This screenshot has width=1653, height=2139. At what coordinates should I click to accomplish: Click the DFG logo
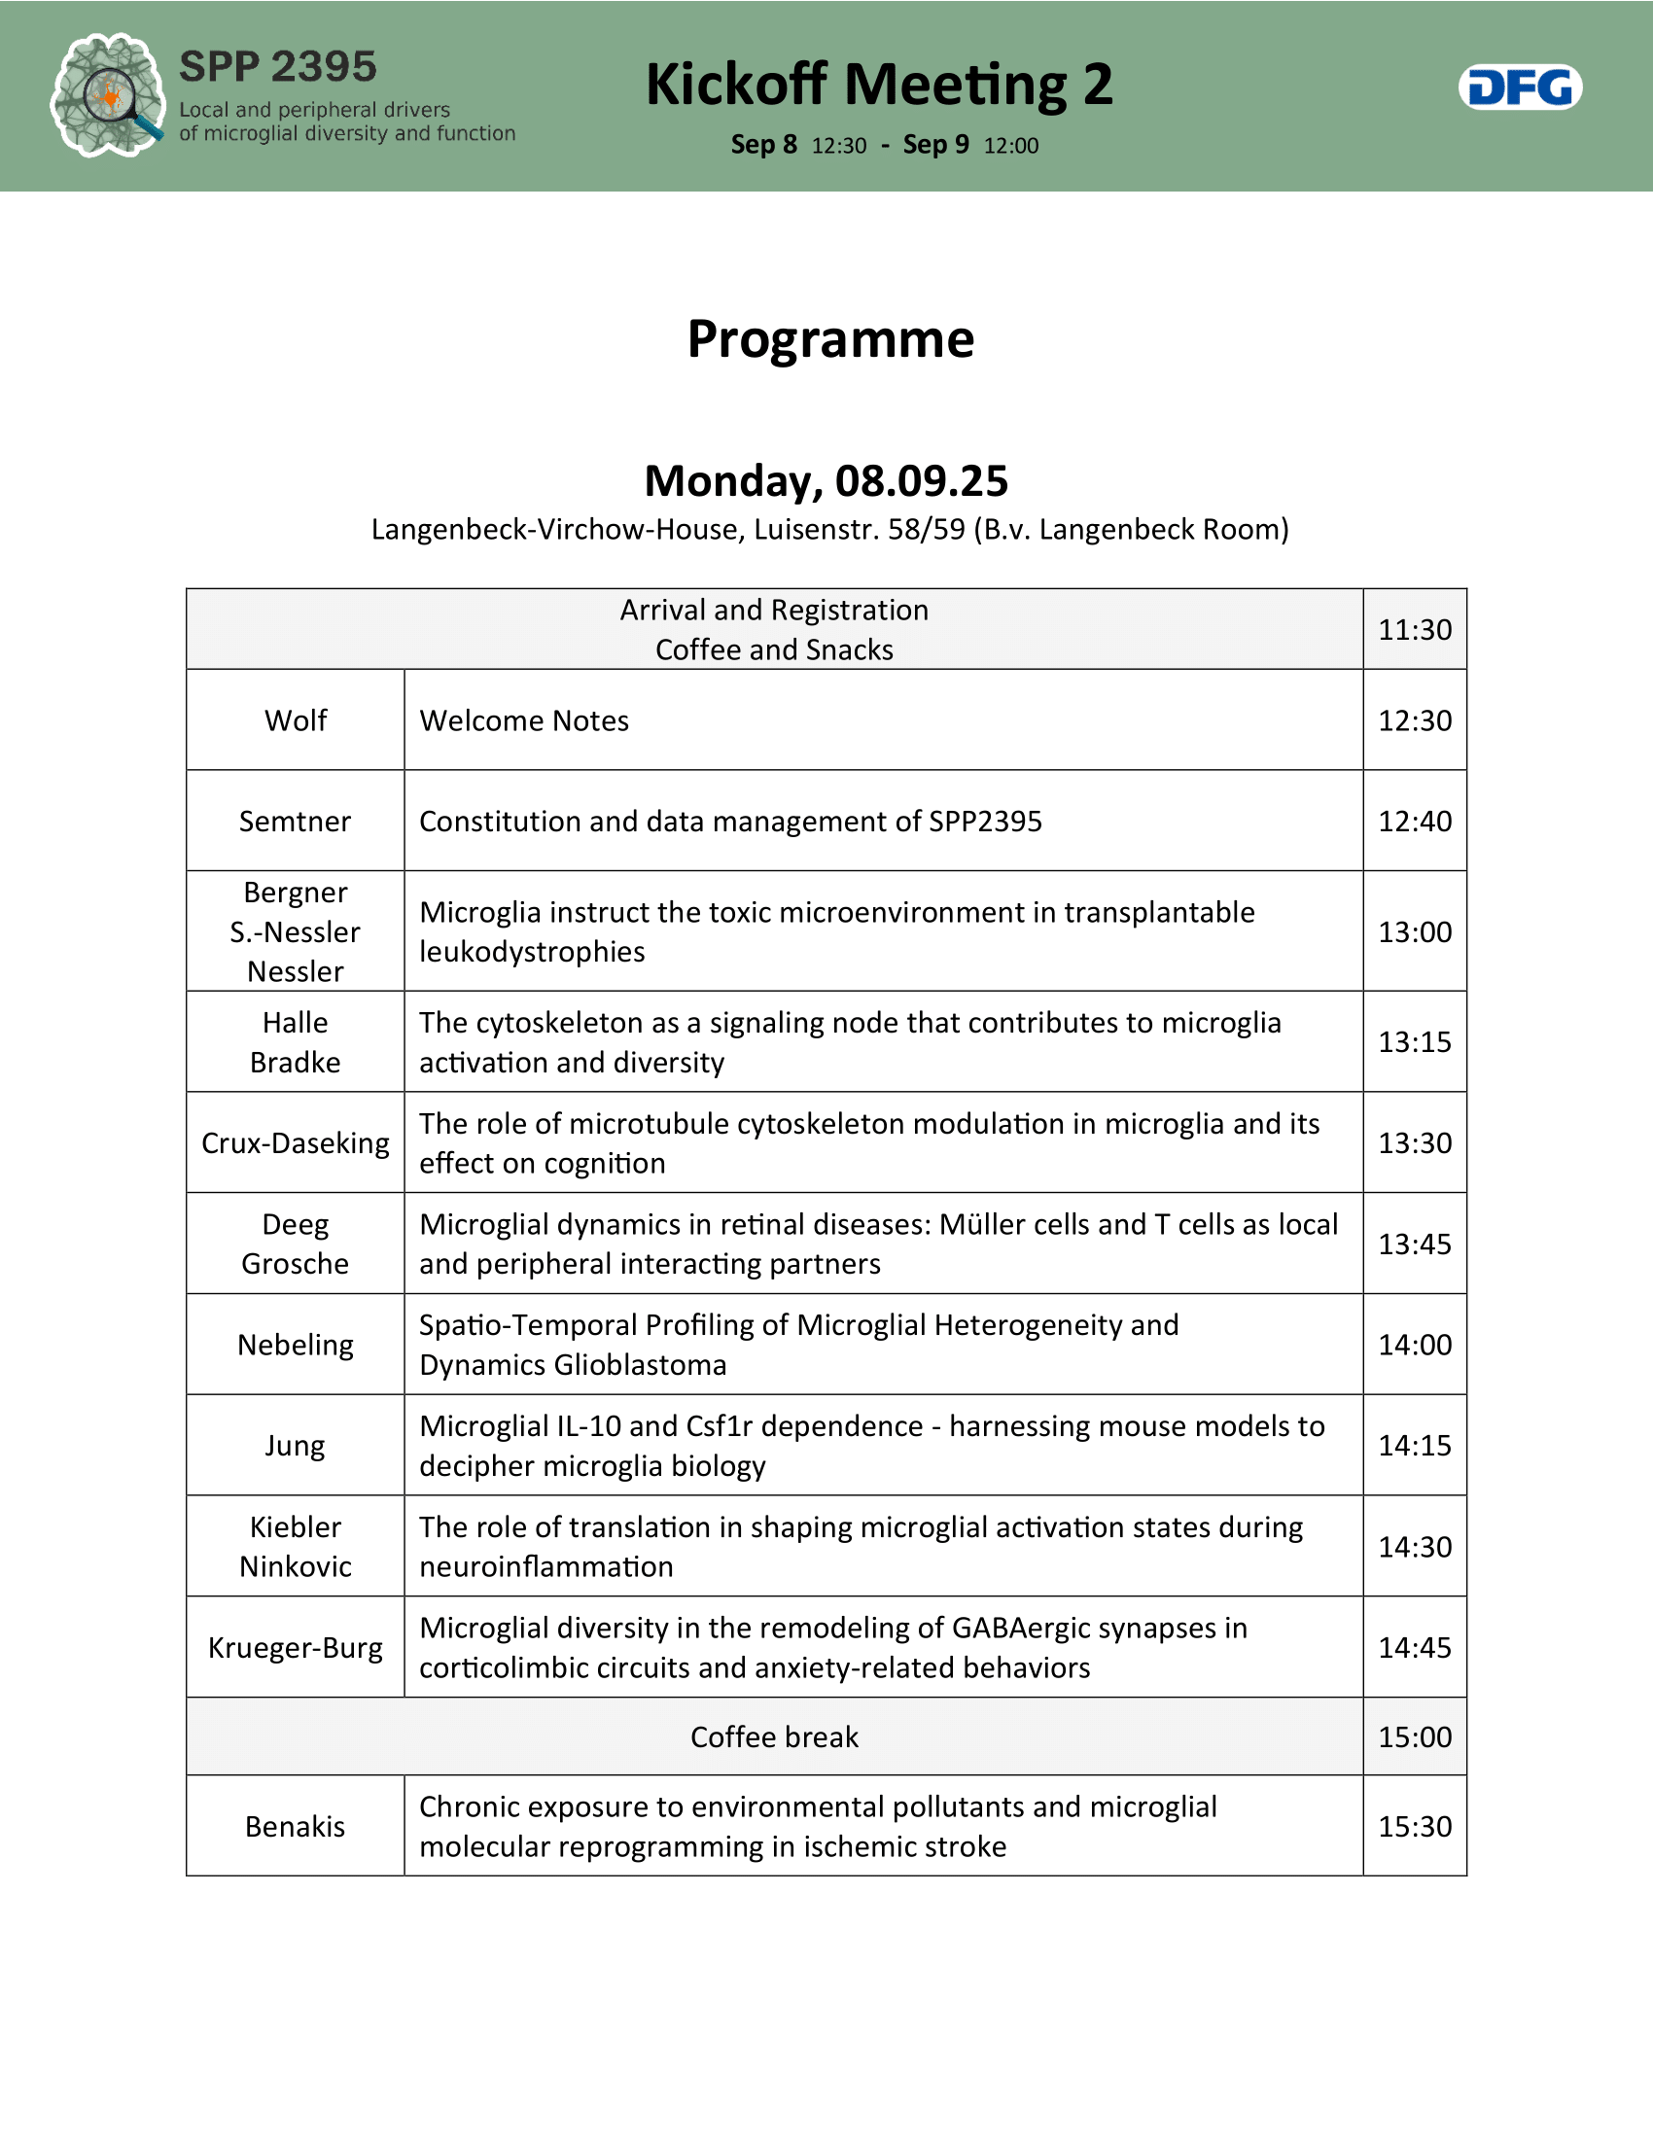click(1519, 88)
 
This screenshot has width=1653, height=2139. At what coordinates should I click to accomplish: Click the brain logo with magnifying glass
click(107, 95)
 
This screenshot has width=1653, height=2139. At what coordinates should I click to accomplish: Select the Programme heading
click(829, 339)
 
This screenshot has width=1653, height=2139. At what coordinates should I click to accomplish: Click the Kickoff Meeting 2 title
click(878, 85)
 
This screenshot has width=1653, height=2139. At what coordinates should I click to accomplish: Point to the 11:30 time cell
click(1414, 630)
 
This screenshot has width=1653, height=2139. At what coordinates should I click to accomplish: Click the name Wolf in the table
click(295, 720)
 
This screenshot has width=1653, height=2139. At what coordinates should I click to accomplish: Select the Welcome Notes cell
click(524, 720)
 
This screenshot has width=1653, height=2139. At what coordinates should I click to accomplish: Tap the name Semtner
click(295, 822)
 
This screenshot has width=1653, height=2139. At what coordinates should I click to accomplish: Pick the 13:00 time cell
click(1414, 931)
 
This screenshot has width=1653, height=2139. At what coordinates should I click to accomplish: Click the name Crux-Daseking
click(295, 1143)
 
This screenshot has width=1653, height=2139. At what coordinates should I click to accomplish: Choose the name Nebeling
click(295, 1345)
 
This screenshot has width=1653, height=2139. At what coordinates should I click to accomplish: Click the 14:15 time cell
click(1414, 1446)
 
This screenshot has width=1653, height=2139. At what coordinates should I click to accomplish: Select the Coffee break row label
click(774, 1736)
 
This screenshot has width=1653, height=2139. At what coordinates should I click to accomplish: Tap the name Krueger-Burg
click(295, 1647)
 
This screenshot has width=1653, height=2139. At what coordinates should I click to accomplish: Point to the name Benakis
click(295, 1827)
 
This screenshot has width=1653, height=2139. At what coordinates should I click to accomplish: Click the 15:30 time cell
click(1414, 1827)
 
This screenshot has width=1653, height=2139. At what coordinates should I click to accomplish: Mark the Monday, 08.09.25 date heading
click(826, 481)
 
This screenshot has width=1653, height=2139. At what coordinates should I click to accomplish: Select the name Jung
click(295, 1446)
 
